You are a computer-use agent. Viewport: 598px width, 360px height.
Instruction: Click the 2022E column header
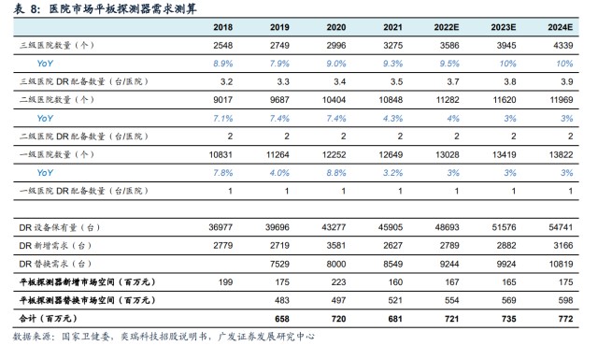(x=447, y=27)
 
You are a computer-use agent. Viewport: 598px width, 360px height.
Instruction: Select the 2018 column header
(x=222, y=27)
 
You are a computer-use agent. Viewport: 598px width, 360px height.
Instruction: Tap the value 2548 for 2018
(x=222, y=46)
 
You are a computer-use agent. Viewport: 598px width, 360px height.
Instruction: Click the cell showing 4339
(x=562, y=46)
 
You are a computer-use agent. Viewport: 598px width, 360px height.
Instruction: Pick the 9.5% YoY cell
(x=449, y=64)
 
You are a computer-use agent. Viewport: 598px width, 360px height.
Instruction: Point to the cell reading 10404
(x=334, y=100)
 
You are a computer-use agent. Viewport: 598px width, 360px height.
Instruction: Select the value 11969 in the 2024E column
(x=561, y=100)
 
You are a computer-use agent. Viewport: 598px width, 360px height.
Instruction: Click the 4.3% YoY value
(x=392, y=119)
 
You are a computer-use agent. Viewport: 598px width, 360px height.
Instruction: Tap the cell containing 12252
(x=334, y=154)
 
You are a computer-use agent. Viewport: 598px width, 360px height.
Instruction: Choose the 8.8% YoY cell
(x=336, y=173)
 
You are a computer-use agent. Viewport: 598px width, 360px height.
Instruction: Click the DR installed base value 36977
(x=221, y=227)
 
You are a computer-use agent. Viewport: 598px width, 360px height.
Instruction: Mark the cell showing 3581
(x=336, y=246)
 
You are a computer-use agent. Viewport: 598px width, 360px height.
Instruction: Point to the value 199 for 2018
(x=225, y=282)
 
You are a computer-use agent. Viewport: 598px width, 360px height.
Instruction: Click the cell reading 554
(x=451, y=300)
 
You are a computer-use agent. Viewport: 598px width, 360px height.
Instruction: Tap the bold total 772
(x=565, y=319)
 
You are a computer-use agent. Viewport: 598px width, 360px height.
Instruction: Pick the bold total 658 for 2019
(x=282, y=319)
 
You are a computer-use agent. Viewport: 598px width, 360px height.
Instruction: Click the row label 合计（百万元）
(x=49, y=318)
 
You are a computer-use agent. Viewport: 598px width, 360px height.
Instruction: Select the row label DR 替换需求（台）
(x=56, y=264)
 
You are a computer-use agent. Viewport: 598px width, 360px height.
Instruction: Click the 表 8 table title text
(x=106, y=8)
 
